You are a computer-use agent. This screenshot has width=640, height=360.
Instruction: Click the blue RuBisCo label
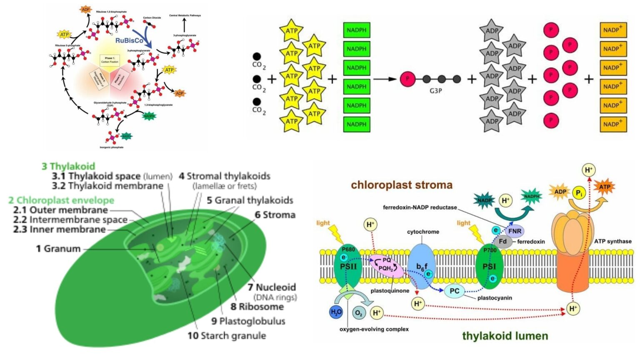(x=129, y=40)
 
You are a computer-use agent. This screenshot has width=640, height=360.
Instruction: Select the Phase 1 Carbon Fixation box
(x=110, y=60)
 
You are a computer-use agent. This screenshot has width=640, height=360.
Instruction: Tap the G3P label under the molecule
(x=435, y=90)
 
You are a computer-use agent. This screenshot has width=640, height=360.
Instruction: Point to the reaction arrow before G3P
(x=384, y=79)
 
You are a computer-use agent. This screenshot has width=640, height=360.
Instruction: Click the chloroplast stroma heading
(x=401, y=185)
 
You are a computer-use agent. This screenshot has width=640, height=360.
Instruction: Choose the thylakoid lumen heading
(x=505, y=336)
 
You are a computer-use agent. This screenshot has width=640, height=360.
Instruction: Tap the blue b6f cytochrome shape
(x=422, y=267)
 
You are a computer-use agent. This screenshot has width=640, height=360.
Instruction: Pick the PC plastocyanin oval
(x=454, y=291)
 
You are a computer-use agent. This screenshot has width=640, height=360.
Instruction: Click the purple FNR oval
(x=515, y=231)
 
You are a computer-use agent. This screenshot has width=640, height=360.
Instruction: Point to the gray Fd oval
(x=503, y=241)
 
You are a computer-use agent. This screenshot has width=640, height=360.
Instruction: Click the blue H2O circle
(x=336, y=312)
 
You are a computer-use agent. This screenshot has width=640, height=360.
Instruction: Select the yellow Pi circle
(x=579, y=193)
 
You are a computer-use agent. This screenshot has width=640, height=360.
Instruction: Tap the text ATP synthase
(x=612, y=241)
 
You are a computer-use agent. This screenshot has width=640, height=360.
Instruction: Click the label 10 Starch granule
(x=227, y=336)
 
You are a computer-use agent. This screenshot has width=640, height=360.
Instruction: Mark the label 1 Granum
(x=58, y=249)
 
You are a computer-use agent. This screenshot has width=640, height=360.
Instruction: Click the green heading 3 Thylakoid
(x=68, y=166)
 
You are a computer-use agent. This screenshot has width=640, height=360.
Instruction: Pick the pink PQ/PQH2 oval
(x=387, y=265)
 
